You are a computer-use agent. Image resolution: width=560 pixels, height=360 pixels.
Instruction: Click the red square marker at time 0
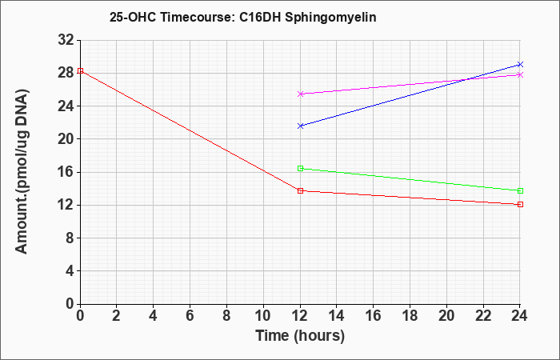(80, 70)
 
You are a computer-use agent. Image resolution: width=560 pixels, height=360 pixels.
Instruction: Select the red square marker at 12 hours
(300, 190)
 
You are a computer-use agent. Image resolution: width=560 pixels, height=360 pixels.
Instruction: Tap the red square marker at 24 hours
(520, 204)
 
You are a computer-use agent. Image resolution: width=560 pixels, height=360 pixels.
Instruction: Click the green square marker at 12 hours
(300, 168)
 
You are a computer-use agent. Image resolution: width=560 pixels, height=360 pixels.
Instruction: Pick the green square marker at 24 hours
(520, 190)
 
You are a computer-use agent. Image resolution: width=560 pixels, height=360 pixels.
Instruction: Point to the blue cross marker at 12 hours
(300, 126)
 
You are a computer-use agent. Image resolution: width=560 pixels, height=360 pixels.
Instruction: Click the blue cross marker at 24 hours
(520, 64)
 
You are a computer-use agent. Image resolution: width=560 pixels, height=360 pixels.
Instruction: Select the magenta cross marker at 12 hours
(300, 94)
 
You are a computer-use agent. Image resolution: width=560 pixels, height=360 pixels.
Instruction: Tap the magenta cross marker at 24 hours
(520, 74)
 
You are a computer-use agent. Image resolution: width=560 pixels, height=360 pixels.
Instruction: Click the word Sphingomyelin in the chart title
(330, 17)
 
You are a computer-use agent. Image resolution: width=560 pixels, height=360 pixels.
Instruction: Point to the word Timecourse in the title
(197, 17)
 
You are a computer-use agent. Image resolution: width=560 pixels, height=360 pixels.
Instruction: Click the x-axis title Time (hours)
(300, 336)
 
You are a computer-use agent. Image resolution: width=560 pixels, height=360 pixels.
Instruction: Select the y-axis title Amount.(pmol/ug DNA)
(22, 171)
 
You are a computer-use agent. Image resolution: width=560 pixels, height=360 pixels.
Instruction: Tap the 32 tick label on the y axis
(66, 40)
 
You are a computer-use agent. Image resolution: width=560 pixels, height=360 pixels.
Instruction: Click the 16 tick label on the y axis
(66, 172)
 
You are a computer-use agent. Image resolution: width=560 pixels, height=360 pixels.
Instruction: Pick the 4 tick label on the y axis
(70, 271)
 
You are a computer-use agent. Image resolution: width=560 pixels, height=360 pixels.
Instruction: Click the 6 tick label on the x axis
(190, 316)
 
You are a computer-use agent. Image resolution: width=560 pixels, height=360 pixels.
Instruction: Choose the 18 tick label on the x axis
(410, 316)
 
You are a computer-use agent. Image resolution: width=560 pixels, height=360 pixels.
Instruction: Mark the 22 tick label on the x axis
(483, 316)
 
